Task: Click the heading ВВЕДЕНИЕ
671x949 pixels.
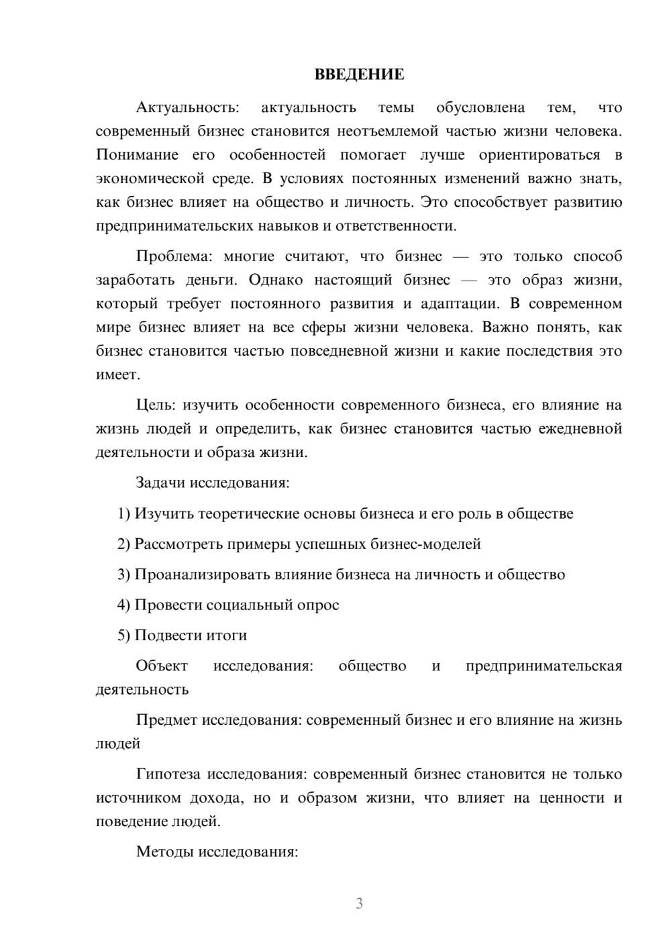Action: [x=359, y=74]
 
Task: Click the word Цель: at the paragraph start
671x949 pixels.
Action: [x=156, y=405]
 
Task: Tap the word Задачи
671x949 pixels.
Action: [x=161, y=483]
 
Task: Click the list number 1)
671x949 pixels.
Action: [x=123, y=513]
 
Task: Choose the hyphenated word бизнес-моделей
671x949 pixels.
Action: [x=425, y=544]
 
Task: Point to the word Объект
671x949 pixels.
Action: [x=162, y=666]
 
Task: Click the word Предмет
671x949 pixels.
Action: [x=166, y=720]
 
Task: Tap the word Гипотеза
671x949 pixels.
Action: [x=168, y=774]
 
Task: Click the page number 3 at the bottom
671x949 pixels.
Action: [x=359, y=903]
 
